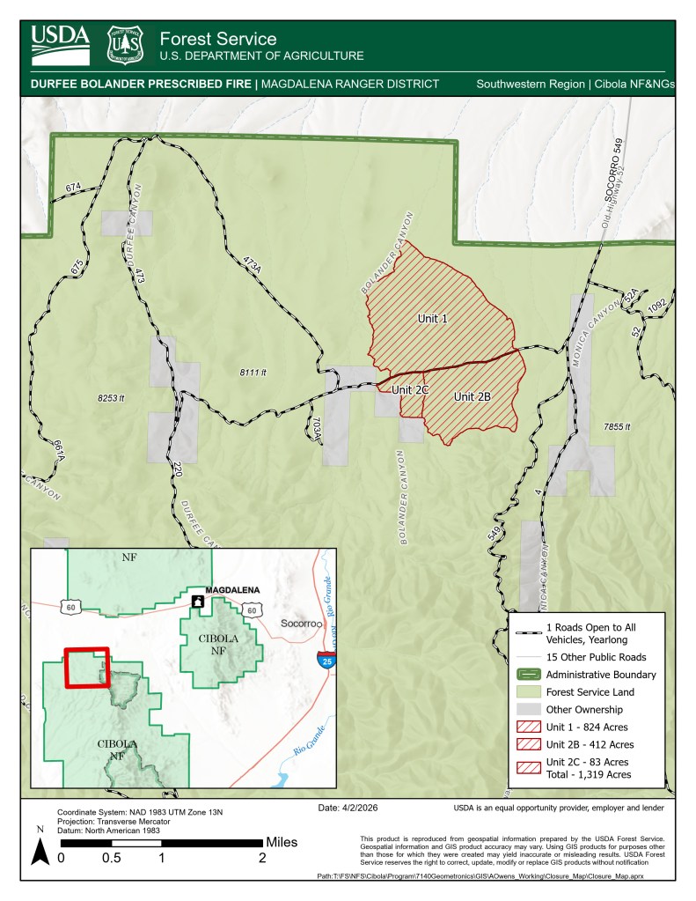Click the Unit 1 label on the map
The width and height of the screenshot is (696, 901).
click(x=433, y=317)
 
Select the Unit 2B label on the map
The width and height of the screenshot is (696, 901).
click(x=472, y=397)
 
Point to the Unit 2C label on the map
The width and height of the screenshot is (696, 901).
click(x=410, y=388)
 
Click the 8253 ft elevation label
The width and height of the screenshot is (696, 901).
click(x=112, y=398)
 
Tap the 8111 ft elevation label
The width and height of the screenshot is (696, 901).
click(x=253, y=373)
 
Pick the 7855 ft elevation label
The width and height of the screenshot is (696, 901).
click(x=619, y=426)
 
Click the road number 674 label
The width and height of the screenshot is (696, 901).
click(x=72, y=188)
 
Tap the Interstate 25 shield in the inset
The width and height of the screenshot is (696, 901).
click(x=326, y=661)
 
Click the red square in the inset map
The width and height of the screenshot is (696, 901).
click(x=87, y=668)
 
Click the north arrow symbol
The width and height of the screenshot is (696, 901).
click(x=40, y=849)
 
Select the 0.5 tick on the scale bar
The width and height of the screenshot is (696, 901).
click(x=111, y=858)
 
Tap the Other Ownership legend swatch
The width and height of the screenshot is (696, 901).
click(x=529, y=710)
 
